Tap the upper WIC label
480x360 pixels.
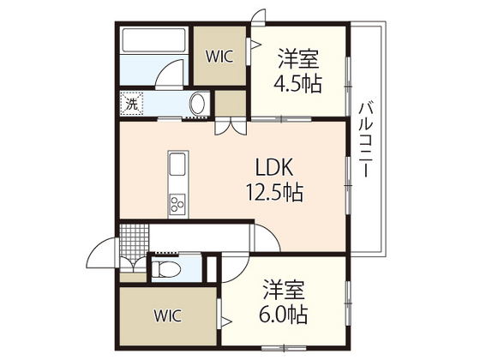219,57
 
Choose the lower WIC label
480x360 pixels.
167,314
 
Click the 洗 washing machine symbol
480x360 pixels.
131,102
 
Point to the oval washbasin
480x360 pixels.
198,104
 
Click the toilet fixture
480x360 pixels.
168,269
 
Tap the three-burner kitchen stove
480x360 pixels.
177,203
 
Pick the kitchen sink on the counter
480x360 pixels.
177,165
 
